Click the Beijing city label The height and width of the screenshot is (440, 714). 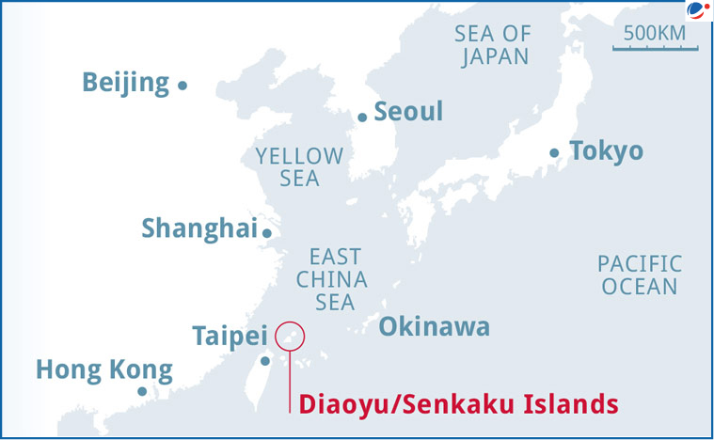pos(125,83)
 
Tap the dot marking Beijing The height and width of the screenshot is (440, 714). pos(182,86)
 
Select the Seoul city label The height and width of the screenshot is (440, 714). pos(408,112)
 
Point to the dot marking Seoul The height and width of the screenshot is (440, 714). pos(362,118)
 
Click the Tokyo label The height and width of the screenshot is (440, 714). pos(607,150)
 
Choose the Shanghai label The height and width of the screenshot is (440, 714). pos(198,228)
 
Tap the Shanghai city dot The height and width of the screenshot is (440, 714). pos(267,233)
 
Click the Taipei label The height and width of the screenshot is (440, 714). pos(230,335)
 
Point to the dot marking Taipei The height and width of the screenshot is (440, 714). pos(265,360)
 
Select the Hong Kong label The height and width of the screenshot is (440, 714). pos(103,369)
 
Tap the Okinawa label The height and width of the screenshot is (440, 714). pos(435,327)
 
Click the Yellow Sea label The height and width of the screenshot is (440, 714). pos(300,167)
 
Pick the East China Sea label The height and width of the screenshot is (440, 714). pos(332,279)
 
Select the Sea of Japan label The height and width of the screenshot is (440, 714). pos(492,45)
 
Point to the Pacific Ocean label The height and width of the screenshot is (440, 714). pos(640,275)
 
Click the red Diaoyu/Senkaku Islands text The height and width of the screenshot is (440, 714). pos(457,405)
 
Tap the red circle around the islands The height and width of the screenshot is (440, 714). pos(292,336)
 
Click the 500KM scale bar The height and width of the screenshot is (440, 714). pos(655,44)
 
